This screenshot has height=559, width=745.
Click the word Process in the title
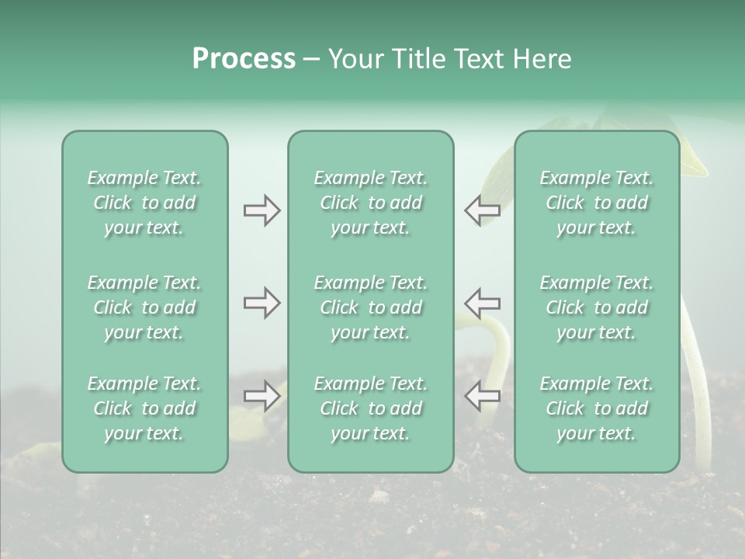click(244, 59)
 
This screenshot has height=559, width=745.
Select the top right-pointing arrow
click(262, 210)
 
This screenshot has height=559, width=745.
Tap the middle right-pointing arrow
click(262, 303)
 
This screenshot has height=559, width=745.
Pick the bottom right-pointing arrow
click(262, 396)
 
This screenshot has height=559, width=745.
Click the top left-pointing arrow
click(482, 210)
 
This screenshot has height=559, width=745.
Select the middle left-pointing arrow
click(482, 303)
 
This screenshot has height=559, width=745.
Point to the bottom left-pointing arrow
click(482, 396)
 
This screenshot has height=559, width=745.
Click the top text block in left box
click(144, 203)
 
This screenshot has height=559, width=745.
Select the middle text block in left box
click(144, 307)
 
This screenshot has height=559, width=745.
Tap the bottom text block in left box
click(144, 408)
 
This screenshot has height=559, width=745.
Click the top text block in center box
click(370, 203)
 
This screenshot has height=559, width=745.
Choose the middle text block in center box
click(370, 307)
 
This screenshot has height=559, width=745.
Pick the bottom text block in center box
click(370, 408)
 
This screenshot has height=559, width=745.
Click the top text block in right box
click(596, 203)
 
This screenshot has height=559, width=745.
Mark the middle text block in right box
click(596, 307)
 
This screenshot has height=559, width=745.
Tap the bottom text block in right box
click(596, 408)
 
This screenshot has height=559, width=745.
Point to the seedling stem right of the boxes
click(698, 388)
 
